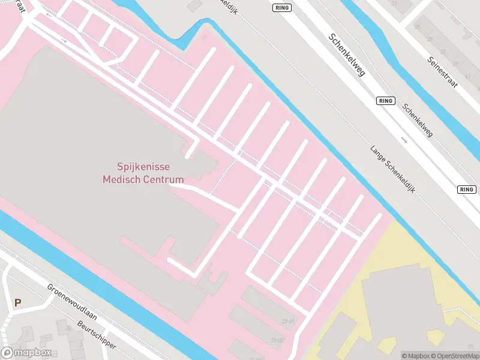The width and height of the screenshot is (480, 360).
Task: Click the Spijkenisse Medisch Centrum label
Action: click(x=143, y=173)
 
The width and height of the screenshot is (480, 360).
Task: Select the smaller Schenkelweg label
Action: click(x=418, y=121)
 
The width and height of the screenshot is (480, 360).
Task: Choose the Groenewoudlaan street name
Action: click(x=72, y=302)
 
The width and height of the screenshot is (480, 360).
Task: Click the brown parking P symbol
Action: click(x=17, y=303)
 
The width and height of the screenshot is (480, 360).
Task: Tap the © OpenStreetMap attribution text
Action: click(x=455, y=356)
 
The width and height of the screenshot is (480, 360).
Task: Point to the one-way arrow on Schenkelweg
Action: click(x=404, y=141)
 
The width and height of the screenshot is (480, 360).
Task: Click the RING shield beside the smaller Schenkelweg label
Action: click(x=386, y=101)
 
